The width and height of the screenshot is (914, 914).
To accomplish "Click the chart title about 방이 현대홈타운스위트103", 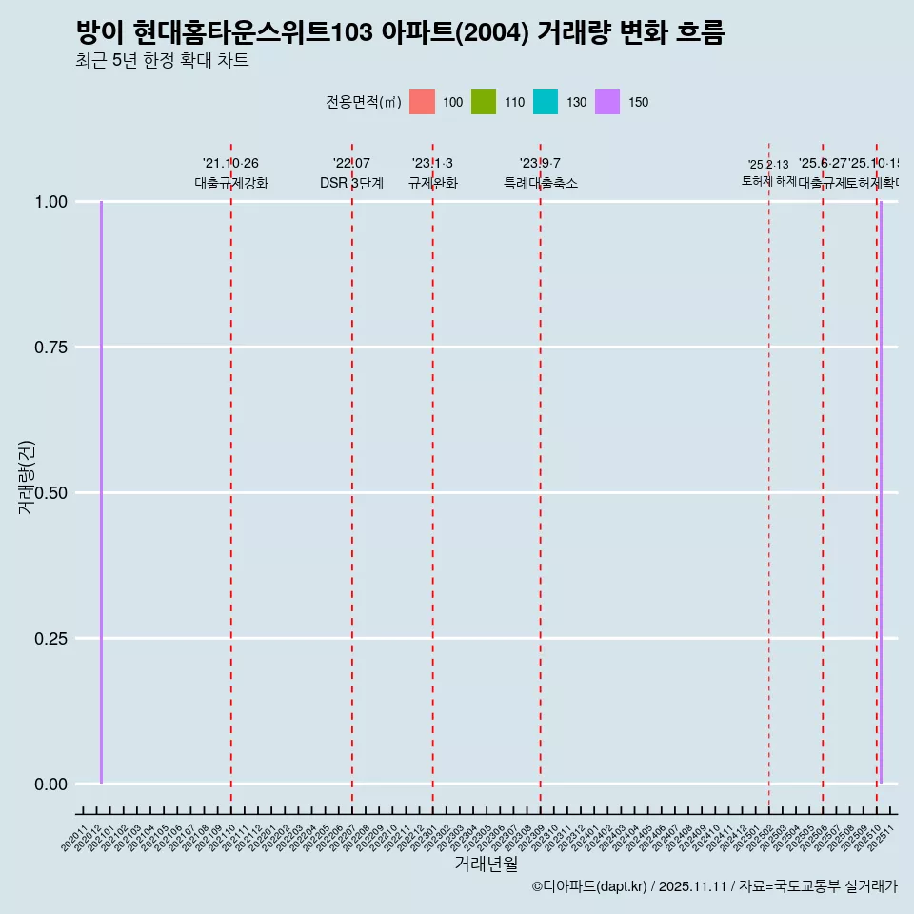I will coord(400,33).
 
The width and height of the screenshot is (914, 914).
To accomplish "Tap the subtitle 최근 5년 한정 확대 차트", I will coord(162,61).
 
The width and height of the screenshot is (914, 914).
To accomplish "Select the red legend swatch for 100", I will coord(422,102).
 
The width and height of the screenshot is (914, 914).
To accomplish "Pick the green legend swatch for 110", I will coord(484,102).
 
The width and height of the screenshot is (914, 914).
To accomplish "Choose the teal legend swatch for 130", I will coord(546,102).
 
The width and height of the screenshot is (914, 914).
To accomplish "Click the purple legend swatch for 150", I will coord(607,102).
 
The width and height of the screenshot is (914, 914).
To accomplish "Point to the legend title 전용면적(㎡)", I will coord(363,102).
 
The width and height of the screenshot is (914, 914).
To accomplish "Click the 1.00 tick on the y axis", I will coord(51,202).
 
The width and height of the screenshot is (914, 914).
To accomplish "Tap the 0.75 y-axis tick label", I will coord(51,348).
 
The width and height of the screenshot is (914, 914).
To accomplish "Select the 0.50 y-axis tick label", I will coord(51,493).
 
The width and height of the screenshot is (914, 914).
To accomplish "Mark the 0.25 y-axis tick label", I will coord(51,639).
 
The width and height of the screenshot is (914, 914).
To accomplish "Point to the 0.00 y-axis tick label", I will coord(51,785).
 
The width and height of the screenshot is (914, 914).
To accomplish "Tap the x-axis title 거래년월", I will coord(486,864).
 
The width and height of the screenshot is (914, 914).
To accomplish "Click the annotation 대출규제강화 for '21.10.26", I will coord(231,183).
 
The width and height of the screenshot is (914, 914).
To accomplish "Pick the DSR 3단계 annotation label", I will coord(351,183).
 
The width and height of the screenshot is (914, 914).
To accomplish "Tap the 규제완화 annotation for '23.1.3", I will coord(433,183).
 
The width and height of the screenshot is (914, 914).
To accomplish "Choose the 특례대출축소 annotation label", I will coord(541,183).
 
